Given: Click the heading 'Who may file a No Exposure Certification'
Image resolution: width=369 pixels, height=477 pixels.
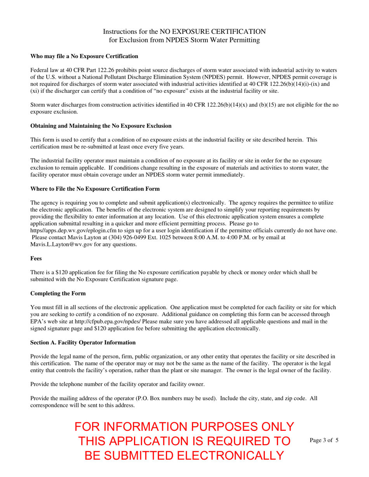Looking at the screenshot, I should [84, 56].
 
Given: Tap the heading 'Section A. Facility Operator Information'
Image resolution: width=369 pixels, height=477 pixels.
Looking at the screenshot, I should [83, 343].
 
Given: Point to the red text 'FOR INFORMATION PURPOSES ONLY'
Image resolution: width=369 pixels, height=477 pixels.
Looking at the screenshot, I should [184, 427].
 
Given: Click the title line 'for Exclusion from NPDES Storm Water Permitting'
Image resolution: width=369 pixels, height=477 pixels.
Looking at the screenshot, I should [184, 40].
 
